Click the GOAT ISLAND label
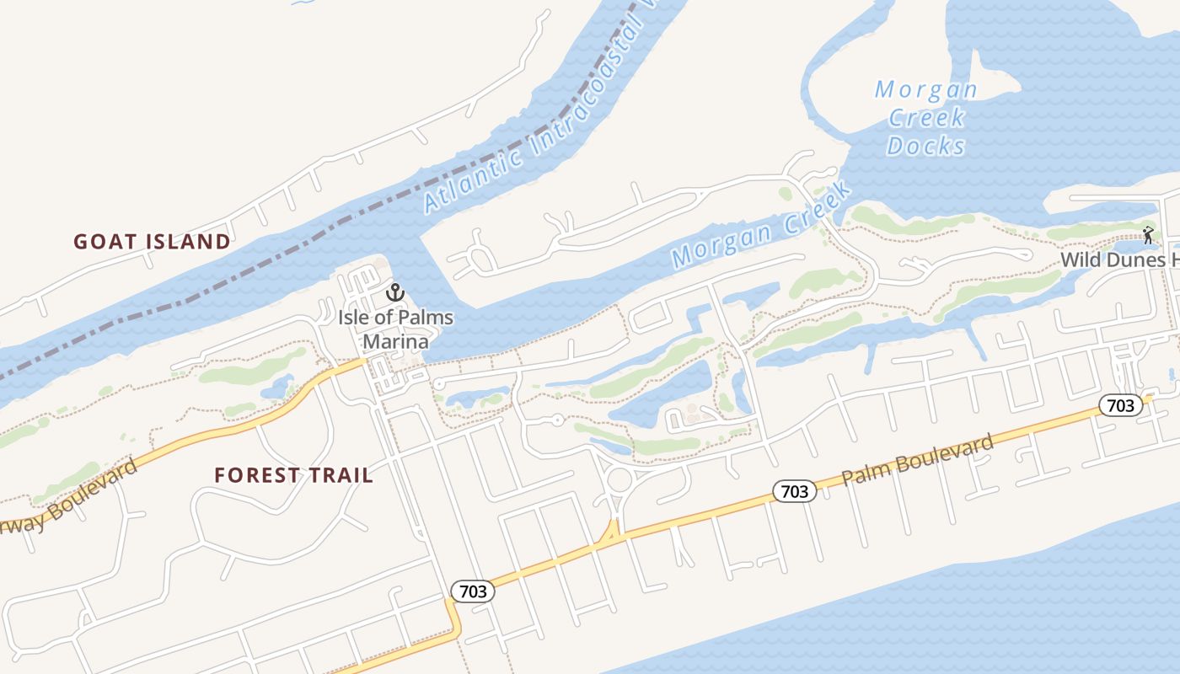click(x=152, y=242)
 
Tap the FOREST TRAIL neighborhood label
click(x=293, y=475)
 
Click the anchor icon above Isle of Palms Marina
click(x=395, y=292)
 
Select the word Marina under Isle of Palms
click(x=395, y=341)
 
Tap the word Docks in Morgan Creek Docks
click(x=925, y=146)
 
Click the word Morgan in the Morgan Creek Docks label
click(x=925, y=89)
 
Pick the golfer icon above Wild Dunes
click(x=1147, y=235)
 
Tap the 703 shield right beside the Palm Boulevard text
click(x=794, y=491)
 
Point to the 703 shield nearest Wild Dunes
click(x=1120, y=405)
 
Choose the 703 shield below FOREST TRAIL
click(x=472, y=591)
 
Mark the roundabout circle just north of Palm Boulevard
click(x=619, y=481)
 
